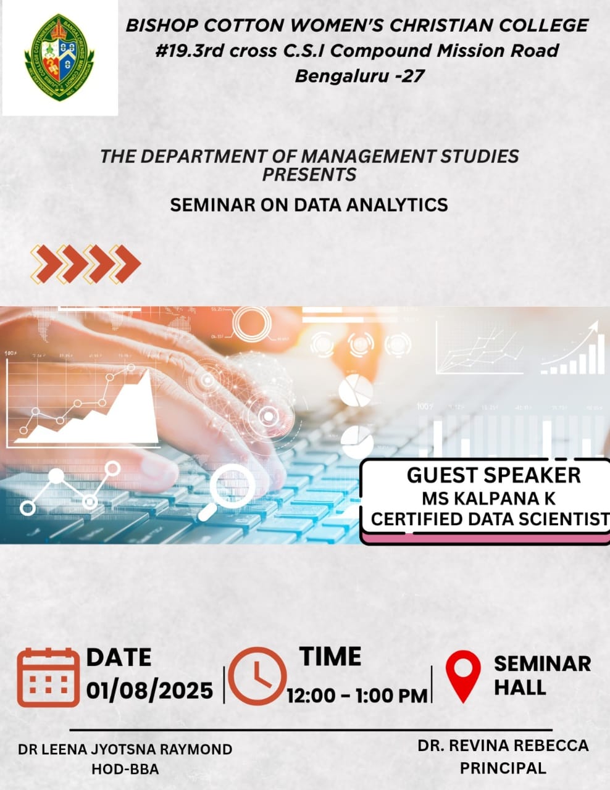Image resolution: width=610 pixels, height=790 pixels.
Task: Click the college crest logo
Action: [59, 57]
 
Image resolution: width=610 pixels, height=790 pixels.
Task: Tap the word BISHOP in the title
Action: [163, 25]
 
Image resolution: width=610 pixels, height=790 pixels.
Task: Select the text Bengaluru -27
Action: [359, 76]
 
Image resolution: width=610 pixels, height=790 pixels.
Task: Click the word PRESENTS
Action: [309, 175]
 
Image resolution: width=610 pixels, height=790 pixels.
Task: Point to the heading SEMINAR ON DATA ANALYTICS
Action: [309, 205]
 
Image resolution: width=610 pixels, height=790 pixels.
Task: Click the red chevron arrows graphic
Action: [85, 264]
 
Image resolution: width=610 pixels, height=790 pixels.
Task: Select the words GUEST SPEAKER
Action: [494, 475]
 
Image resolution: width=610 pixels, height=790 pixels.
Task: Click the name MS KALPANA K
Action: [489, 499]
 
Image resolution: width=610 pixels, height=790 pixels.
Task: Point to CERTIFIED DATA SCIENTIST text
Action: [490, 519]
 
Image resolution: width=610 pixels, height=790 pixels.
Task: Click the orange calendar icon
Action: [48, 678]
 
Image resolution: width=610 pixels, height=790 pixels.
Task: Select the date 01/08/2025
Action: [149, 691]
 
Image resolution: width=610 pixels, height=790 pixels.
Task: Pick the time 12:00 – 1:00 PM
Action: [357, 696]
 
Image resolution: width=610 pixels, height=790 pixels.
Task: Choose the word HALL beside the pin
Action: [520, 687]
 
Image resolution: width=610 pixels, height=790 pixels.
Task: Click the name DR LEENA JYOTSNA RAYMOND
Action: [125, 749]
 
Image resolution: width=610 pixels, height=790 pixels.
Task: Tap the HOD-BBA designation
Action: [125, 769]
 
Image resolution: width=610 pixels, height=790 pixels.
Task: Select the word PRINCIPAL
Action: [503, 768]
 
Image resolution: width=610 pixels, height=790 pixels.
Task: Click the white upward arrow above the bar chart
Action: [570, 342]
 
